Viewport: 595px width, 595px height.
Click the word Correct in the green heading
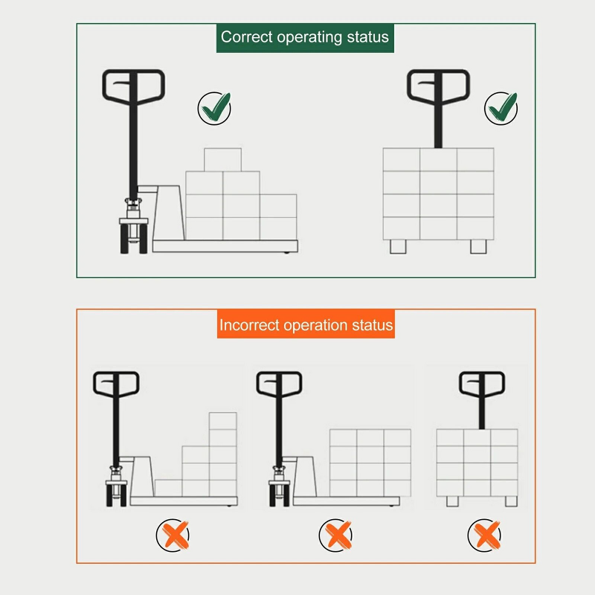tap(245, 37)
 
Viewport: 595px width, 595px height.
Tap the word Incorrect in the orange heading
tap(249, 325)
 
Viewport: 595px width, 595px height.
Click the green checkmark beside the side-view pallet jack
tap(214, 109)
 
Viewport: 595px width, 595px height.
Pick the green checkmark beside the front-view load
tap(501, 109)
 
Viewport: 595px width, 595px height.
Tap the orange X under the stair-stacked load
tap(173, 535)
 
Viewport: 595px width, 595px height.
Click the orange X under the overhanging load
tap(335, 535)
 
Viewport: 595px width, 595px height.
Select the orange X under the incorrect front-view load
tap(484, 535)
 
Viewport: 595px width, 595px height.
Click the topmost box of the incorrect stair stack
tap(222, 421)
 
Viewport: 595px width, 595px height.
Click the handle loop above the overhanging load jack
tap(280, 384)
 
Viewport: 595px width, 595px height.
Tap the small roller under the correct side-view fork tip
tap(288, 254)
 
